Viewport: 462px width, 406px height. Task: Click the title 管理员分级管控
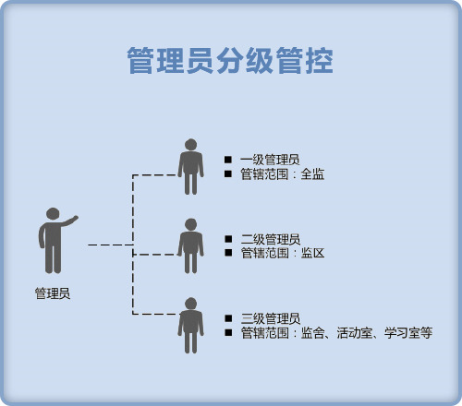click(230, 61)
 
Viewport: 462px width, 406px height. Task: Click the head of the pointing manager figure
click(53, 214)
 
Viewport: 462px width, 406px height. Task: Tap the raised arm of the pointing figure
click(69, 221)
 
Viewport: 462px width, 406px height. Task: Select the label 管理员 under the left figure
click(53, 293)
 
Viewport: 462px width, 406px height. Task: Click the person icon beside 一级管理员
click(190, 167)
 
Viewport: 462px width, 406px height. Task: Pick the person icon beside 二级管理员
click(190, 246)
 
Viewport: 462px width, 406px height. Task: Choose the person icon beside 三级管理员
click(190, 326)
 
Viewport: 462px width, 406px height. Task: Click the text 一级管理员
click(270, 160)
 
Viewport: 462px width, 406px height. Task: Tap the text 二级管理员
click(271, 239)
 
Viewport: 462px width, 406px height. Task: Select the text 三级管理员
click(271, 318)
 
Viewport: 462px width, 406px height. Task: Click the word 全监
click(312, 174)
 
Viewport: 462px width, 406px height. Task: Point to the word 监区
click(312, 253)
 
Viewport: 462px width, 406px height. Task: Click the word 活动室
click(355, 333)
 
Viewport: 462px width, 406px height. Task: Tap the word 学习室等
click(408, 333)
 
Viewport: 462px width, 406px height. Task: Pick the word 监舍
click(312, 333)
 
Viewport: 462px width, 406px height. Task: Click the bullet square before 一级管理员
click(228, 160)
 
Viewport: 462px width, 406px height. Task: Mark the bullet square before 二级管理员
click(228, 239)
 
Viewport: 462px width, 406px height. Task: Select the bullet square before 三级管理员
click(228, 318)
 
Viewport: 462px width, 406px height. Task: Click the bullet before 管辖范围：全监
click(228, 173)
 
